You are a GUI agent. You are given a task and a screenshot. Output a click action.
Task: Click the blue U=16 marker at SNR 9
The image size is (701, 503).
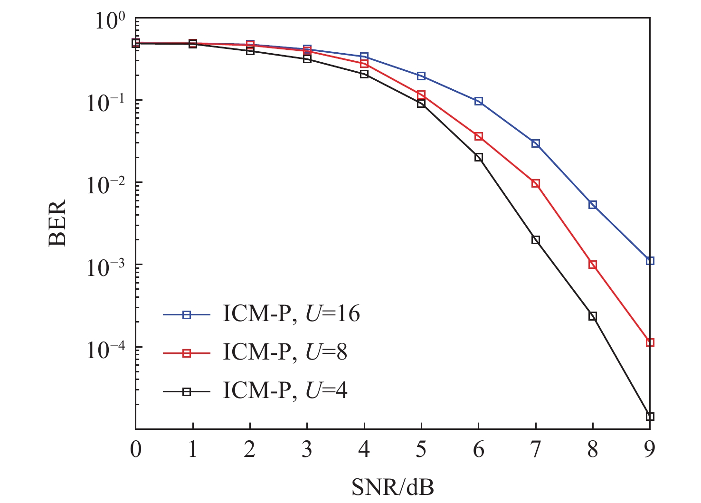650,261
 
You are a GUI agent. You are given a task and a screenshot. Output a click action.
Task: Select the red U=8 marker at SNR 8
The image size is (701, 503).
593,265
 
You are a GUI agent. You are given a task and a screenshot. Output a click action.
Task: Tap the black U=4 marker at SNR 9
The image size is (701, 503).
650,417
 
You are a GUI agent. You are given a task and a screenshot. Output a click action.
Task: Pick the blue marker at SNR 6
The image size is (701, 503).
479,101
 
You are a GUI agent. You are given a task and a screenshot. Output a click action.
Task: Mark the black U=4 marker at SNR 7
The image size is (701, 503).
536,240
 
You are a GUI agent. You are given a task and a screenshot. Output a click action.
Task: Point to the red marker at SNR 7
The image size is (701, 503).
536,183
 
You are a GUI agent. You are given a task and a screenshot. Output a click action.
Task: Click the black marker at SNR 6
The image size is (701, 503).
479,157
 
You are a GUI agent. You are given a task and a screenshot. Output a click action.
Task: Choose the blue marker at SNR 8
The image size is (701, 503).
593,205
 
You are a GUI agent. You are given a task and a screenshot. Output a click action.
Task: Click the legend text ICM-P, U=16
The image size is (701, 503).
291,314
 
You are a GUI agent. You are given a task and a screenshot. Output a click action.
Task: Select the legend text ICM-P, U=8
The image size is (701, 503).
285,352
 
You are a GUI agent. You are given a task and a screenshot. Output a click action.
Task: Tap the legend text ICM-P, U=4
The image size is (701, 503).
285,391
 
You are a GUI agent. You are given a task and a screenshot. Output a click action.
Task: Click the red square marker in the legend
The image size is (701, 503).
187,353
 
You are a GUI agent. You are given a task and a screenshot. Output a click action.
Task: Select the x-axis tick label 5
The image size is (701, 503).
421,449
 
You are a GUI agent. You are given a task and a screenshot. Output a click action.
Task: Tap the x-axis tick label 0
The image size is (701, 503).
136,449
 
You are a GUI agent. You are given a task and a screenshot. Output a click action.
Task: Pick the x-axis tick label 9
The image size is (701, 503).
650,449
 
